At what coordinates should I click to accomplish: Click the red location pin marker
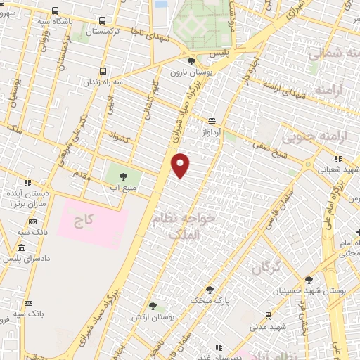(x=181, y=166)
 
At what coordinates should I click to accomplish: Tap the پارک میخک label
(x=207, y=300)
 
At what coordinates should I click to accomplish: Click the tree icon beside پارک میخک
(x=209, y=289)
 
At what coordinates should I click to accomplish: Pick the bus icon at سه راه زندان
(x=103, y=71)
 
